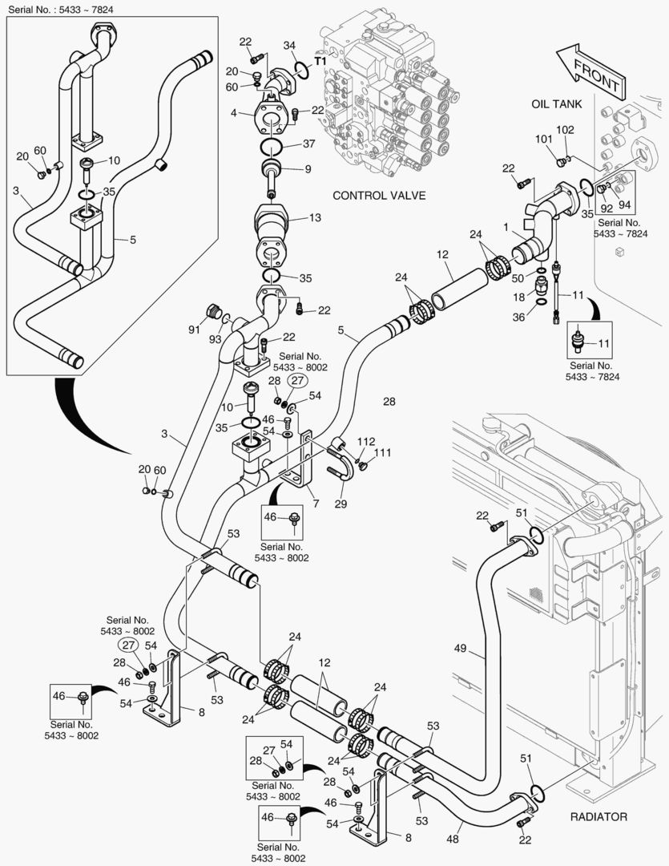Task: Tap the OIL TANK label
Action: coord(556,104)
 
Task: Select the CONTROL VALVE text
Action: coord(379,195)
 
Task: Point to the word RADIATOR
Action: coord(598,816)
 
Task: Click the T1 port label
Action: coord(320,61)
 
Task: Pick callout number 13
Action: coord(315,217)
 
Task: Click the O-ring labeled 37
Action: coord(272,146)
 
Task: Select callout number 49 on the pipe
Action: coord(460,649)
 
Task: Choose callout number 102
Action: coord(566,130)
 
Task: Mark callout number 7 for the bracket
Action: coord(316,503)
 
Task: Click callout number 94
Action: coord(625,205)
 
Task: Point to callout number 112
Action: coord(365,441)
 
